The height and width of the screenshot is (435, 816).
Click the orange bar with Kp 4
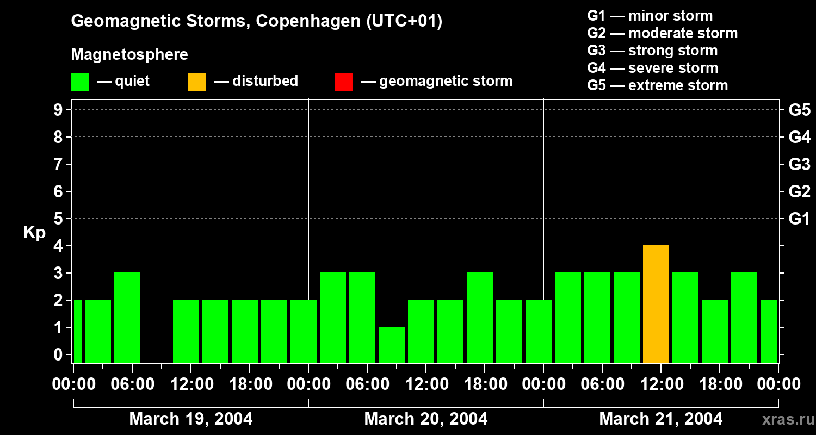[x=656, y=304]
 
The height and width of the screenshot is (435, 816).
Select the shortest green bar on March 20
[x=392, y=345]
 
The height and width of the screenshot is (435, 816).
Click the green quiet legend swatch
[x=79, y=82]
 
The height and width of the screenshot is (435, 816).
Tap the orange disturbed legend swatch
[x=197, y=82]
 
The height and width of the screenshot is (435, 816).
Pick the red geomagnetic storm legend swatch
[x=344, y=82]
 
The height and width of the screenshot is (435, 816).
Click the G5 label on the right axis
[x=799, y=110]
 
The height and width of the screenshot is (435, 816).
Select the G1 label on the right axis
[x=799, y=219]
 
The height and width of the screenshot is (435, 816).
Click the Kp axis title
[x=34, y=233]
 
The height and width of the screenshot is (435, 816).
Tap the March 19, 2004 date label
[x=190, y=419]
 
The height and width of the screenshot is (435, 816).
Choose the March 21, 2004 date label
[x=660, y=419]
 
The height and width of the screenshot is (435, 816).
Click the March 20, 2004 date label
[x=425, y=419]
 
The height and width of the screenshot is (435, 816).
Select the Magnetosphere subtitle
[x=129, y=55]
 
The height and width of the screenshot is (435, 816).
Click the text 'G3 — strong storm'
[x=652, y=51]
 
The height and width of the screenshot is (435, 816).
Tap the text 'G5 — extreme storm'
[x=657, y=85]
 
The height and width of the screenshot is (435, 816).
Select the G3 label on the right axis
[x=799, y=164]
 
